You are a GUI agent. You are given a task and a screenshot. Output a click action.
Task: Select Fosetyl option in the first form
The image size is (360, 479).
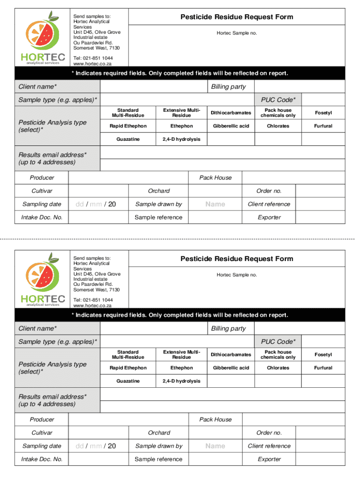point(323,113)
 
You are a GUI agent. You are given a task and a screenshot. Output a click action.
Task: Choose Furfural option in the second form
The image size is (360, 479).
point(323,368)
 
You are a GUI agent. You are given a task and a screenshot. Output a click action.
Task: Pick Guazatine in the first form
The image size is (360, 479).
point(128,139)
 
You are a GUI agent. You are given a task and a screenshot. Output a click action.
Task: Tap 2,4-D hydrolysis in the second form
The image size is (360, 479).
point(181,381)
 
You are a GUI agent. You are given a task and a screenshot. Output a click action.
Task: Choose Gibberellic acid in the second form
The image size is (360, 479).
point(231,368)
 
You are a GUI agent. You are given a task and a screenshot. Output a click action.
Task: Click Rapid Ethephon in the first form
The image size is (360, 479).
point(128,126)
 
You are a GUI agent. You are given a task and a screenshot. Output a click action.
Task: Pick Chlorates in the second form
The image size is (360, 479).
point(278,368)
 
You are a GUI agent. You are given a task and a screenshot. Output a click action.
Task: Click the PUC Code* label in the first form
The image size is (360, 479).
point(278,100)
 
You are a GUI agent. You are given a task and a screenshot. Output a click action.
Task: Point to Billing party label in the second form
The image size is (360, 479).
point(228,328)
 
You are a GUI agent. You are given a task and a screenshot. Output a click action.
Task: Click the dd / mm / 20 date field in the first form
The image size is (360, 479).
point(95,204)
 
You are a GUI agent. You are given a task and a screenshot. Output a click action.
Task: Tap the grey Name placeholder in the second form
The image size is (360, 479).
point(215,446)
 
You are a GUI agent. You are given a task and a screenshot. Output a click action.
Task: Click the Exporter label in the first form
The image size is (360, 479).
point(269,217)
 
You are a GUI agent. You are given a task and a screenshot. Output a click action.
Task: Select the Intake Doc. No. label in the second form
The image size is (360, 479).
point(42,459)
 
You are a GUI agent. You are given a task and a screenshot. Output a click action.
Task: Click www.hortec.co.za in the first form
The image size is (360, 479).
point(93,64)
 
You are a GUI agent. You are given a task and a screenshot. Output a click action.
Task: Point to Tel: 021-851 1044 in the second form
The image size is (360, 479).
point(93,300)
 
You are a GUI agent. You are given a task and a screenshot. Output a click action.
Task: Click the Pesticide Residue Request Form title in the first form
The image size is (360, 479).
point(237,17)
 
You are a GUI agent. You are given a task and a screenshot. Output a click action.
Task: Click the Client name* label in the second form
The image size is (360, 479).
point(37,328)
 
